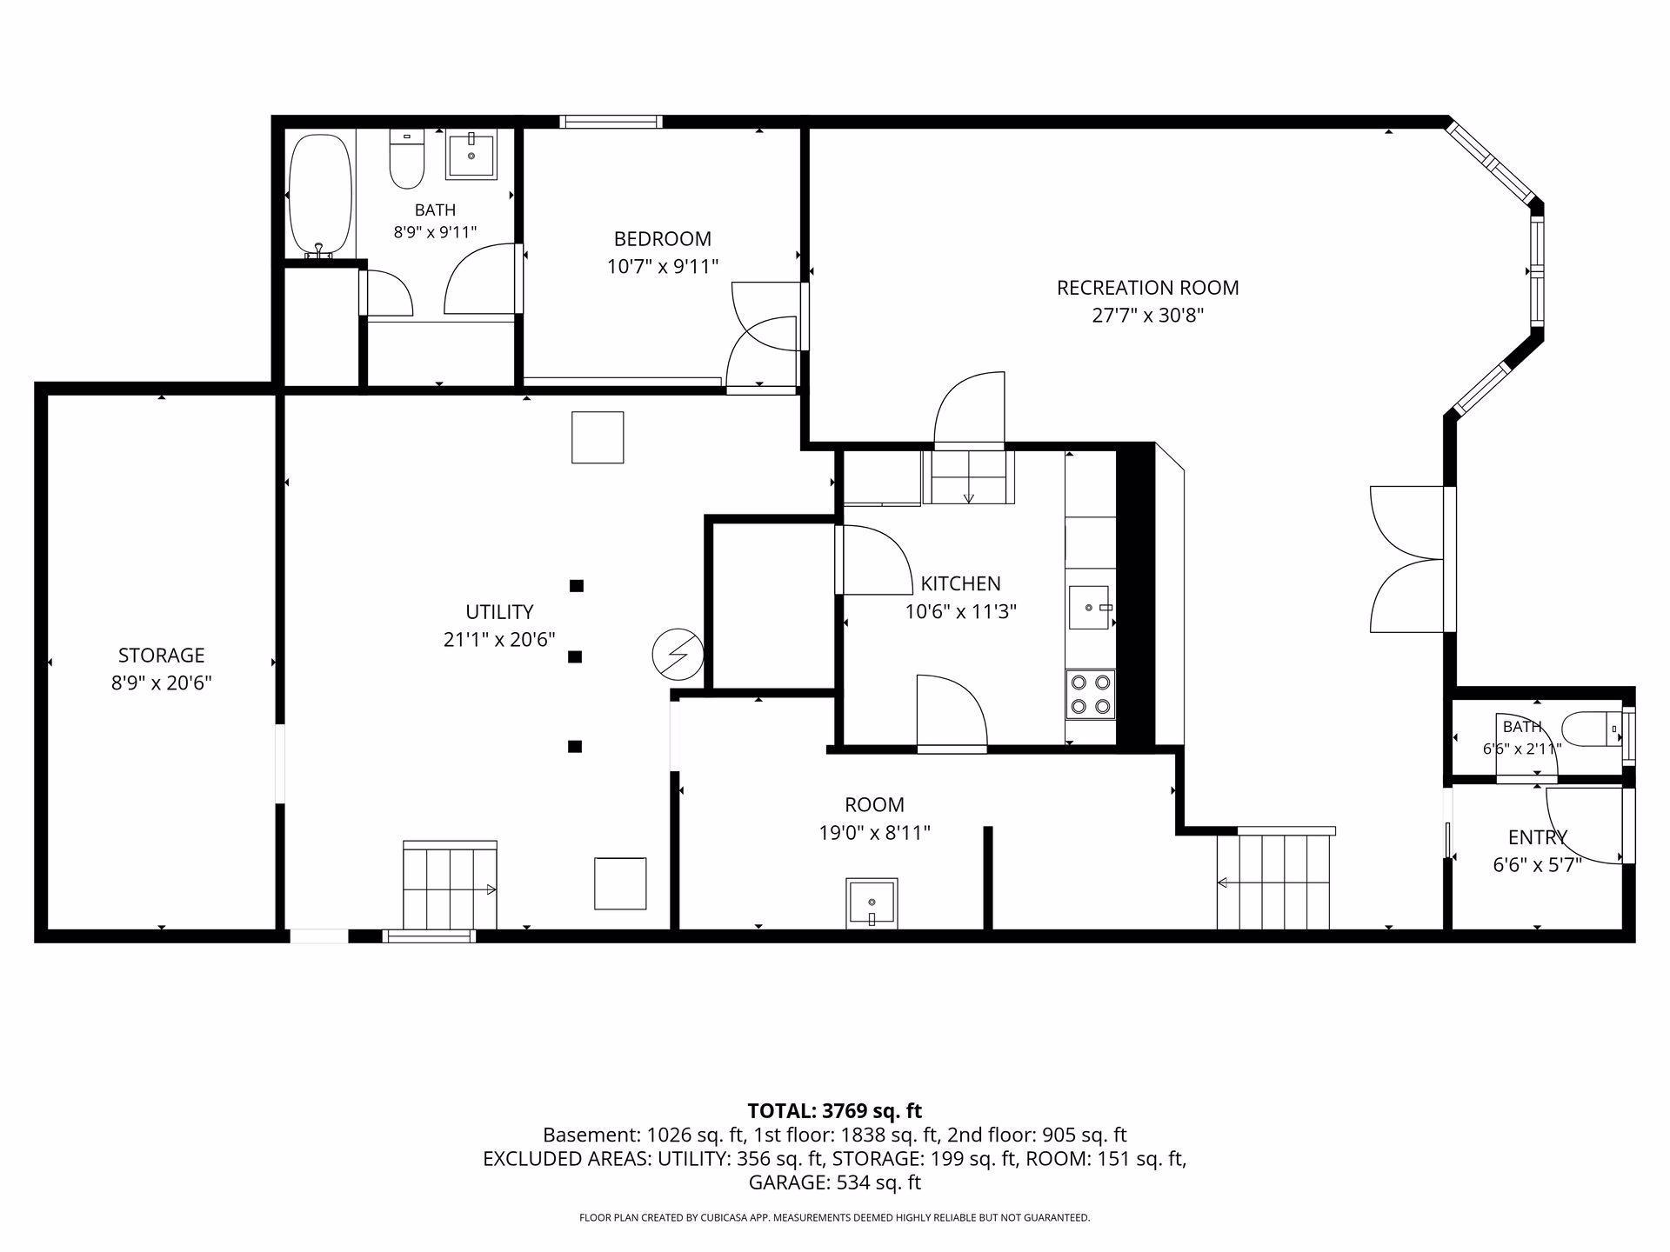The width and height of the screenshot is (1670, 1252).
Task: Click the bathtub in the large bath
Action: (320, 196)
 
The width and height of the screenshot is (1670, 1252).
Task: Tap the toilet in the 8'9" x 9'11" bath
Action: (406, 159)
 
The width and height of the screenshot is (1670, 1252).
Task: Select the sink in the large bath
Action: (471, 156)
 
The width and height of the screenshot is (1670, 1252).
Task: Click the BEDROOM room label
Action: (663, 239)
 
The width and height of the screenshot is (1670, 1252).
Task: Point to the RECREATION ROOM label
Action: (1147, 288)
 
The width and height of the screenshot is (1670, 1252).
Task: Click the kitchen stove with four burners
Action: (1091, 694)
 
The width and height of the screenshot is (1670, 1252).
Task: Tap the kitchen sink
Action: (1091, 607)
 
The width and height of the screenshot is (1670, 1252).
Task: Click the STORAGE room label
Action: (162, 656)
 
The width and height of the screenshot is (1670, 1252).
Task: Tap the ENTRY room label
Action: (1538, 837)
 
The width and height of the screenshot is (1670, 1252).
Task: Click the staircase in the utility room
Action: (450, 885)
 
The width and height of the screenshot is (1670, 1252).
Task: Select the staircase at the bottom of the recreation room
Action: (1275, 878)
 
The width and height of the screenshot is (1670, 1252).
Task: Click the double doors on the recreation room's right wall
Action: (1413, 559)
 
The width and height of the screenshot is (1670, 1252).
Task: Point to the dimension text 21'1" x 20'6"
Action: (499, 640)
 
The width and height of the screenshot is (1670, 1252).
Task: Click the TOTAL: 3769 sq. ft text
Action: (835, 1110)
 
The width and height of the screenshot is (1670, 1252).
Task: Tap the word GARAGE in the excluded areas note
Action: (787, 1182)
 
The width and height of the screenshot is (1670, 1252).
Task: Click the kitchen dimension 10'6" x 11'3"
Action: (961, 612)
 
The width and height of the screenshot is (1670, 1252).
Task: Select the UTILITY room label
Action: (499, 612)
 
